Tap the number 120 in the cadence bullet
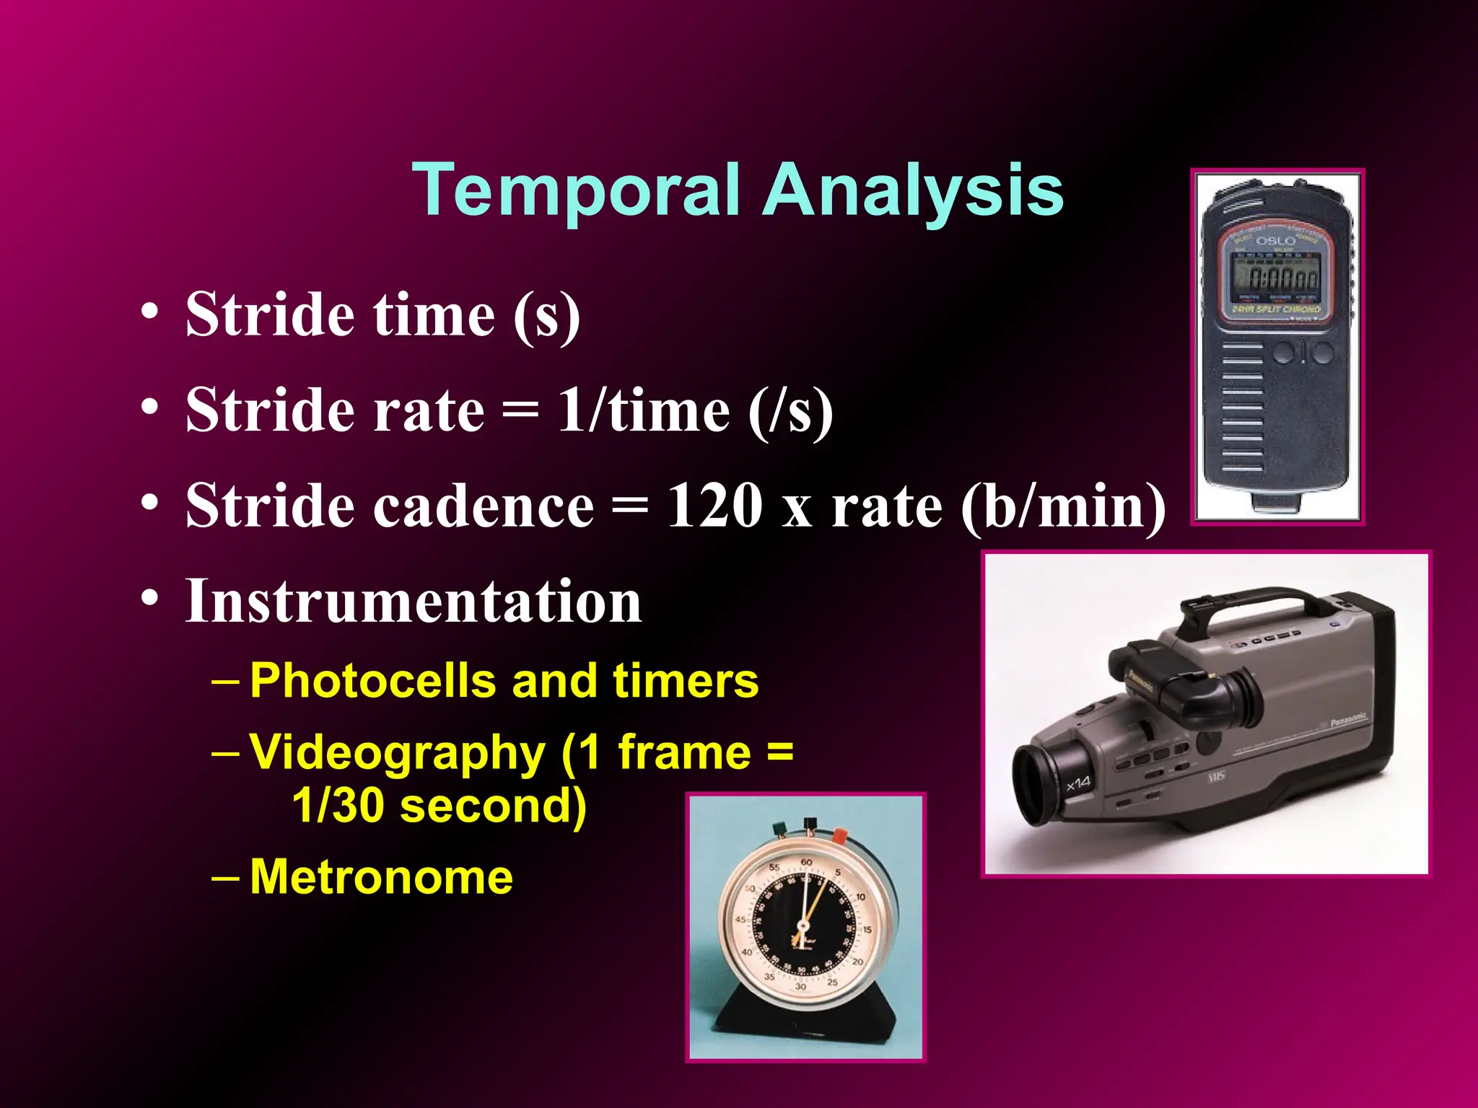click(714, 505)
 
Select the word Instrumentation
click(413, 600)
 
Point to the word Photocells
click(372, 680)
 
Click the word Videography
click(398, 752)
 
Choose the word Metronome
click(381, 877)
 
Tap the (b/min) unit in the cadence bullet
click(1063, 506)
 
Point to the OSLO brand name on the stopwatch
click(1275, 241)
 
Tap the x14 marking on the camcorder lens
click(1078, 783)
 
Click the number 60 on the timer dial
click(806, 863)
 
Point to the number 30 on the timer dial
click(800, 986)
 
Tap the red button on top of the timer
click(839, 835)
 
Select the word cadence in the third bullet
click(484, 506)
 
